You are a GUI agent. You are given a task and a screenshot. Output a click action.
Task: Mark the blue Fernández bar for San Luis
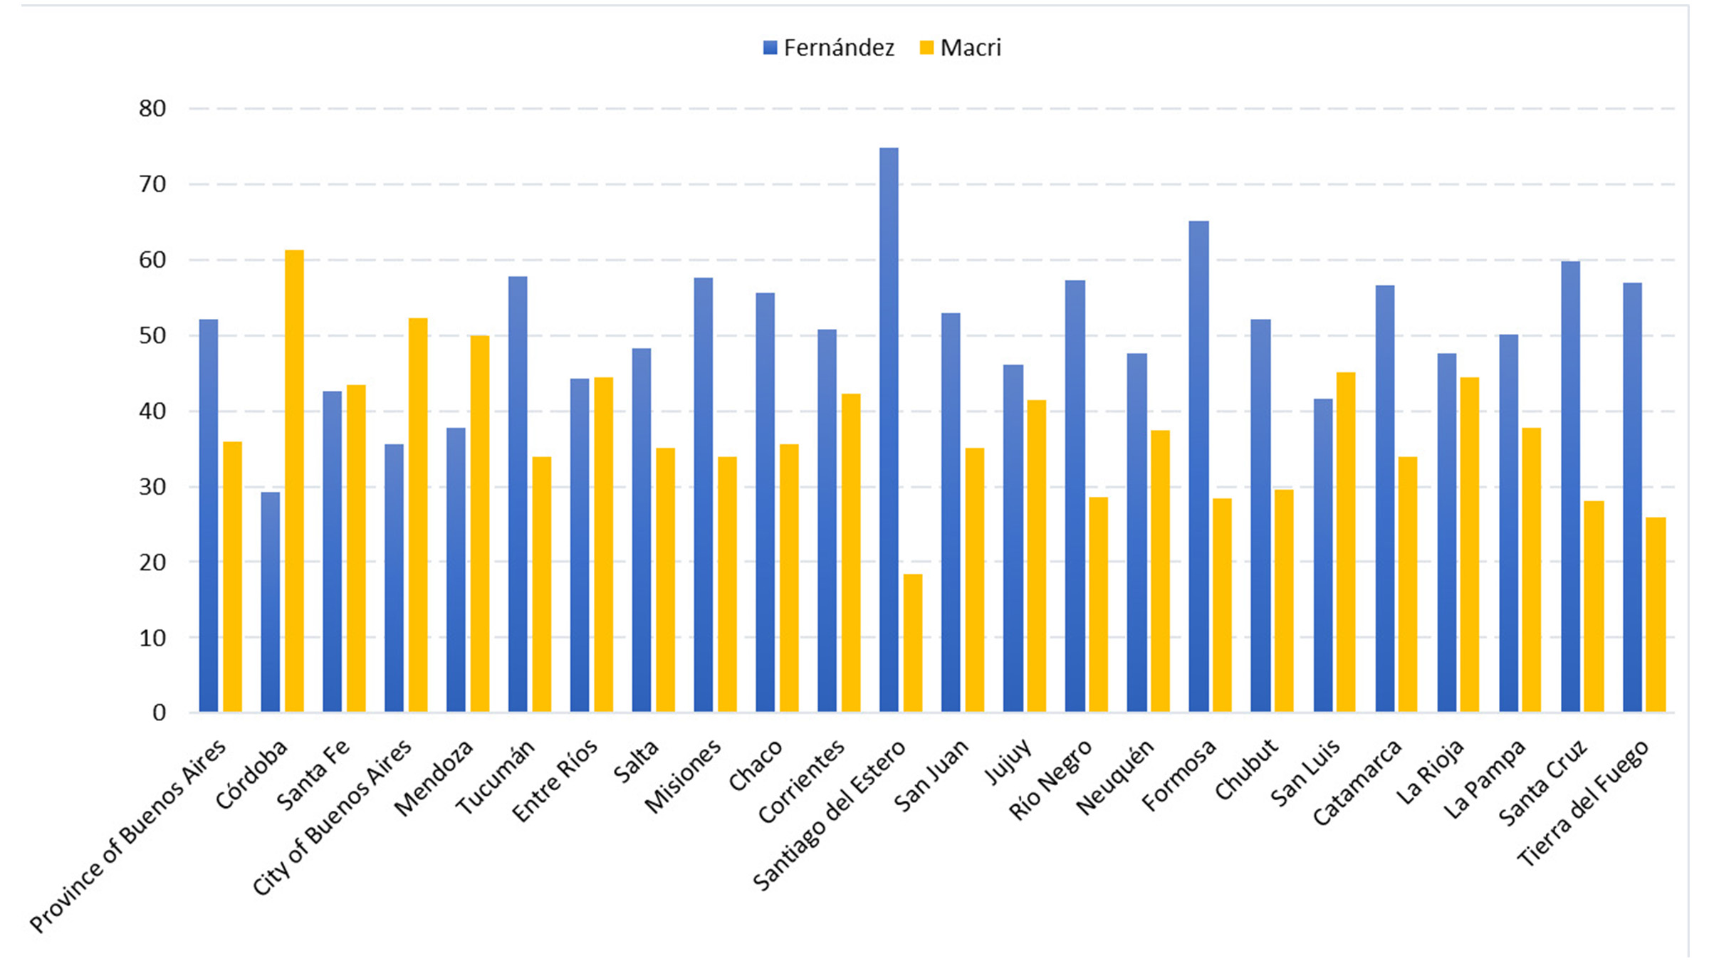tap(1322, 555)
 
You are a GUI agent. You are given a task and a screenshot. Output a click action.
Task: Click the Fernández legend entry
tap(829, 48)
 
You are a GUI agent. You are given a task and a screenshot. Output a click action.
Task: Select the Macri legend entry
tap(961, 48)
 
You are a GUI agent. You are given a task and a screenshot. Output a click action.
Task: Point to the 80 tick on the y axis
tap(152, 109)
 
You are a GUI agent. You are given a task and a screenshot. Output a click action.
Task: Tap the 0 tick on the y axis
tap(159, 713)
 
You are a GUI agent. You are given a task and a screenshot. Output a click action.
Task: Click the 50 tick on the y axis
tap(152, 335)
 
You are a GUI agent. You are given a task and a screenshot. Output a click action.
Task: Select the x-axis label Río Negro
tap(1050, 780)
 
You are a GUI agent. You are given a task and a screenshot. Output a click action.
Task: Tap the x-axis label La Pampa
tap(1485, 780)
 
